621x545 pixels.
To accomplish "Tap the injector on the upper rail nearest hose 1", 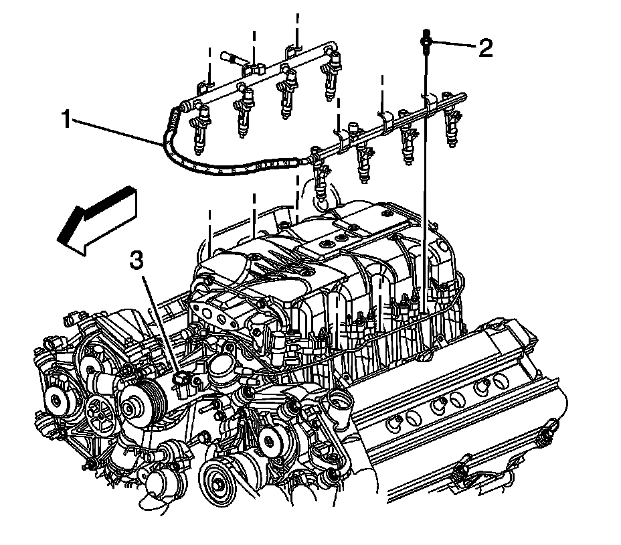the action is point(201,134).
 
